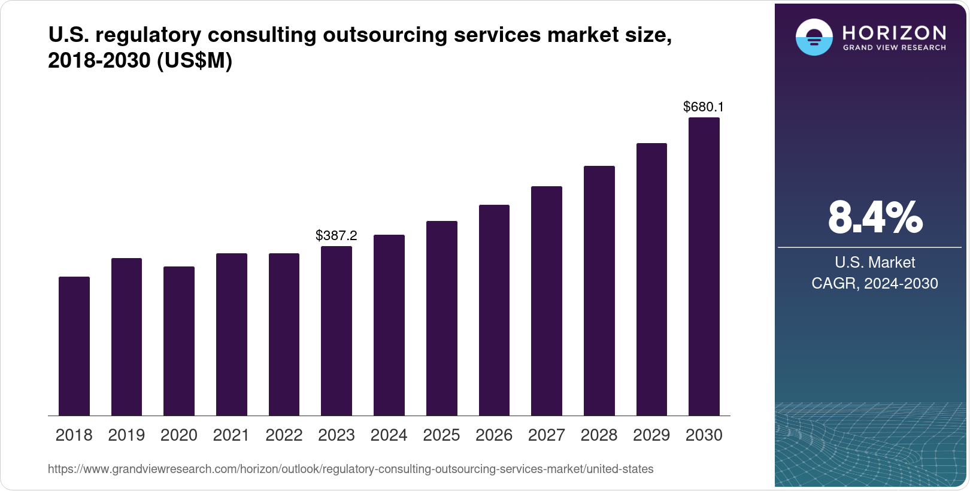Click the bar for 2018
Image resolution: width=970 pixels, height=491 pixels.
pos(74,346)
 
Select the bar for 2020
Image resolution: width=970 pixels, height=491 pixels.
pos(179,341)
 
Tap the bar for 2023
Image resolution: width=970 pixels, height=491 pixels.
pos(337,331)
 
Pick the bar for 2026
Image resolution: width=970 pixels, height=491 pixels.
pos(494,310)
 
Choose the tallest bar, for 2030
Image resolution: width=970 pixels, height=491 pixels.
pos(704,266)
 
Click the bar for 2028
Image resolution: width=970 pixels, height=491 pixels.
pos(599,291)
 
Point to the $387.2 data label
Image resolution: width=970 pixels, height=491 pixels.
pos(337,235)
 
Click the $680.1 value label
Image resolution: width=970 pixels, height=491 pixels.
pos(704,107)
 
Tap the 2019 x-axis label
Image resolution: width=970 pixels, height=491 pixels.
pos(126,435)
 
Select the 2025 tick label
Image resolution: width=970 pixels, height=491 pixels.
pos(441,435)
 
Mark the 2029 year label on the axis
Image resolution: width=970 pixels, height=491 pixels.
pos(651,435)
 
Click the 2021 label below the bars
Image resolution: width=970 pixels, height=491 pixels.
pos(231,435)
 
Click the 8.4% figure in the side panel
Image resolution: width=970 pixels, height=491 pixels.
pos(875,217)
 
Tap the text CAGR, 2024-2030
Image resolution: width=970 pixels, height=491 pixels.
pos(875,283)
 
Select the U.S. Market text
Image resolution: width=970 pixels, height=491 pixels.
pos(875,262)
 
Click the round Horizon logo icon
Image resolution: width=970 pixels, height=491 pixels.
pos(814,37)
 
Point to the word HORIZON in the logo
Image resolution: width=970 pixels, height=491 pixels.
pos(894,32)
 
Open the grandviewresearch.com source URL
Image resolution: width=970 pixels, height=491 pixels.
pos(350,469)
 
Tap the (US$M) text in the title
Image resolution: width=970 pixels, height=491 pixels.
pos(194,60)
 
